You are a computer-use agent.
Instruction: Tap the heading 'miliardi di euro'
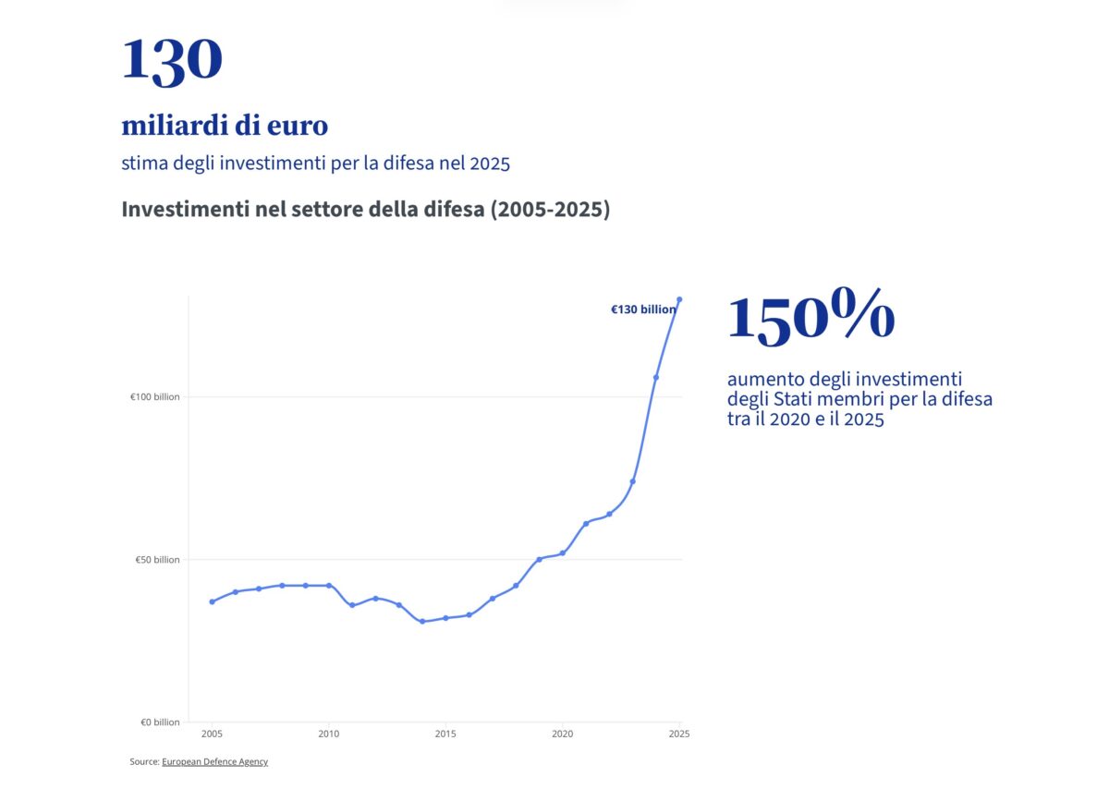point(225,125)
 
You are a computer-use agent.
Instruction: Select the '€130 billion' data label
point(643,310)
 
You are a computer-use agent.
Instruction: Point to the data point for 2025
point(679,299)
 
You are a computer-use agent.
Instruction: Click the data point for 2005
point(212,601)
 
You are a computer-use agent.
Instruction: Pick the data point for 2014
point(422,621)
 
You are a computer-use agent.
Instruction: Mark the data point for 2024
point(656,377)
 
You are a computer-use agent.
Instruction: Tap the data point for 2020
point(563,552)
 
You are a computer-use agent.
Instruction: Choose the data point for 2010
point(329,586)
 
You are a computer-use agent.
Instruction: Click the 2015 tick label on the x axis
point(445,734)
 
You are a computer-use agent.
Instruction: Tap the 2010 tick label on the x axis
point(329,734)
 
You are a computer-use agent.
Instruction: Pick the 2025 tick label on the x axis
point(679,734)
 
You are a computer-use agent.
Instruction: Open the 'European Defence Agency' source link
point(214,762)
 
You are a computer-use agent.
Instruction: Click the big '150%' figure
point(810,317)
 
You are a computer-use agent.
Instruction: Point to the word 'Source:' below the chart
point(144,762)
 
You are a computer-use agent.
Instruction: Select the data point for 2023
point(633,481)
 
